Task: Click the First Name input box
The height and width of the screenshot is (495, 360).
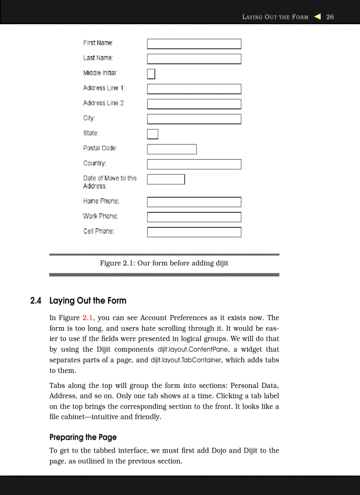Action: point(194,44)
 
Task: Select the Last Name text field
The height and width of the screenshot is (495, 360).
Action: point(194,59)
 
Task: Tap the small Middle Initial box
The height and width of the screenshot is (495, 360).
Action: point(151,74)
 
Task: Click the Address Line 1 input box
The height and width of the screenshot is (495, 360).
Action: point(194,89)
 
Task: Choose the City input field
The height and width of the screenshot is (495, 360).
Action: point(194,119)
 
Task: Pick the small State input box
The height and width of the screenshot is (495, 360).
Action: point(152,134)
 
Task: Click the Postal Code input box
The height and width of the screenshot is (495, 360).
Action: point(172,149)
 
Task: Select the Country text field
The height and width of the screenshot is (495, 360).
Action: point(194,164)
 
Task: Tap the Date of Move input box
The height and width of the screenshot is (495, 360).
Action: point(166,179)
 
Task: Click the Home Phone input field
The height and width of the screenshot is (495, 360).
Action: point(194,202)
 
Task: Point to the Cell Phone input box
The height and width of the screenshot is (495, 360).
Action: point(194,232)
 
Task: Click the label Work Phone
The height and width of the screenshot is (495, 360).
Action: point(101,216)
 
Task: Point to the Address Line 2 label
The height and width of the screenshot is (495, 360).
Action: point(104,103)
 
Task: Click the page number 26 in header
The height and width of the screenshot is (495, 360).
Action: point(330,17)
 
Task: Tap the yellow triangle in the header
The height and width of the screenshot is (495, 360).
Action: point(317,17)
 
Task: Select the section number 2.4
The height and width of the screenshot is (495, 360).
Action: point(36,301)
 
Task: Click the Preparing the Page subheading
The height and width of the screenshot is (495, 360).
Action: point(83,437)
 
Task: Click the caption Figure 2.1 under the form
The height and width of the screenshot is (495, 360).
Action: point(164,263)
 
